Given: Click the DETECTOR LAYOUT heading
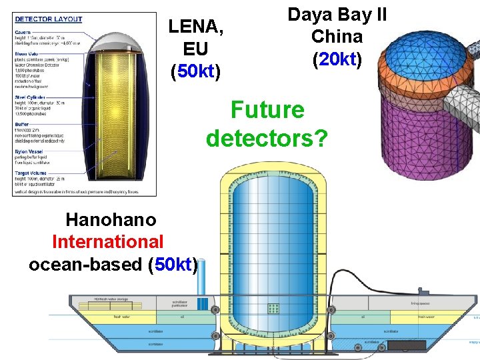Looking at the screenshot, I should [x=48, y=19].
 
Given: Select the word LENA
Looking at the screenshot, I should [x=195, y=27].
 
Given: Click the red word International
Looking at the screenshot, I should [x=107, y=241].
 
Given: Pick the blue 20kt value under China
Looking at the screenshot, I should [x=337, y=59].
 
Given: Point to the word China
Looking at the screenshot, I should [x=337, y=36].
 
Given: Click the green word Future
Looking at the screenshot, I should [x=267, y=110].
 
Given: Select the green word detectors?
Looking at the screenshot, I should [x=267, y=138].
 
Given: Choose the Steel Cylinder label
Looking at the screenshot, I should [x=31, y=97].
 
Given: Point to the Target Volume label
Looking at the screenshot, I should [x=31, y=172].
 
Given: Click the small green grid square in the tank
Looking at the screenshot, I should [x=273, y=309].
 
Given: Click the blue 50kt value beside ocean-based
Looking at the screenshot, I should [x=174, y=264].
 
